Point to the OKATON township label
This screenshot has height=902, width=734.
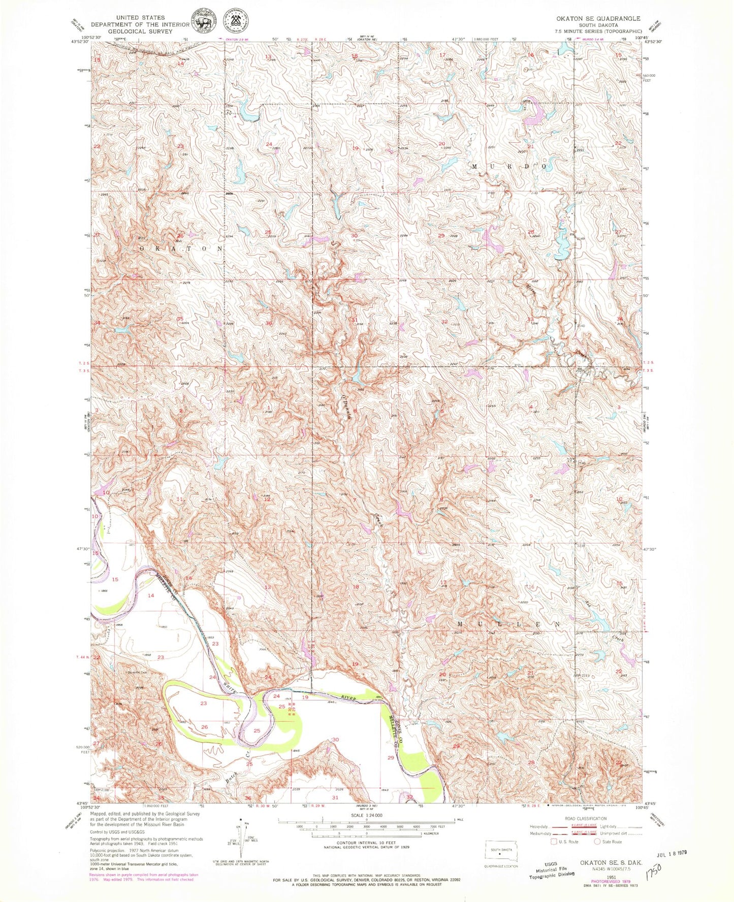pos(181,248)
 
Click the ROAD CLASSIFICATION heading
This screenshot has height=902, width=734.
pos(586,818)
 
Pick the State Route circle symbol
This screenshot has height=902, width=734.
pos(597,842)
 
